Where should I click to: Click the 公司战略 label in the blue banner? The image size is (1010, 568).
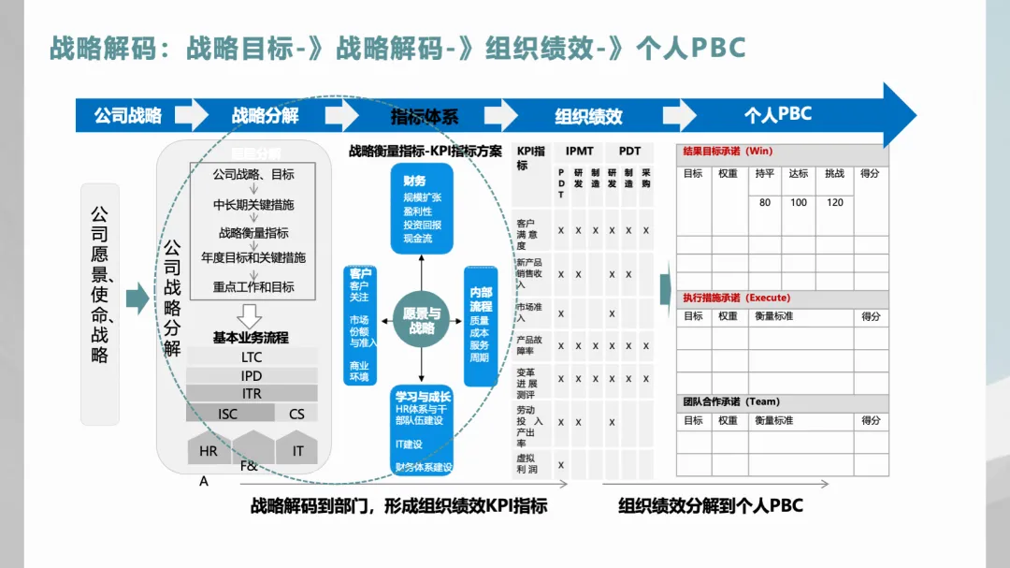pos(127,116)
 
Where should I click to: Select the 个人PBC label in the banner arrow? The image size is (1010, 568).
pos(777,115)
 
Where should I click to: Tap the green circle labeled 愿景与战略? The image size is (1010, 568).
pos(422,321)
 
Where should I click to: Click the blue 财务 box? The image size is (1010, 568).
pos(422,209)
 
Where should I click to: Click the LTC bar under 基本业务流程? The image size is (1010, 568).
pos(252,357)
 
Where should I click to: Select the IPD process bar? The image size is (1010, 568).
pos(252,375)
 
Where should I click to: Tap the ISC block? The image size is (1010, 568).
pos(228,414)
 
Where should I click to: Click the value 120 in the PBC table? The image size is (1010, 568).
pos(834,202)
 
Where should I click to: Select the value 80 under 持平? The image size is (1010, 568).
pos(765,202)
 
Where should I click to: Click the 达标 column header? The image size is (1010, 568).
pos(799,174)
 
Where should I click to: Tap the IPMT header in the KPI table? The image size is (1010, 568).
pos(580,151)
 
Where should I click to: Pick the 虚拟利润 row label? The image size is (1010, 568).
pos(528,464)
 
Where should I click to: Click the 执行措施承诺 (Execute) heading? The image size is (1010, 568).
pos(737,298)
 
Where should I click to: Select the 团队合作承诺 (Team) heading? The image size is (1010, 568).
pos(731,401)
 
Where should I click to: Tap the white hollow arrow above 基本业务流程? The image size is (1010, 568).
pos(250,316)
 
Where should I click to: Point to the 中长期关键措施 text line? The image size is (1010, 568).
pos(253,204)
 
